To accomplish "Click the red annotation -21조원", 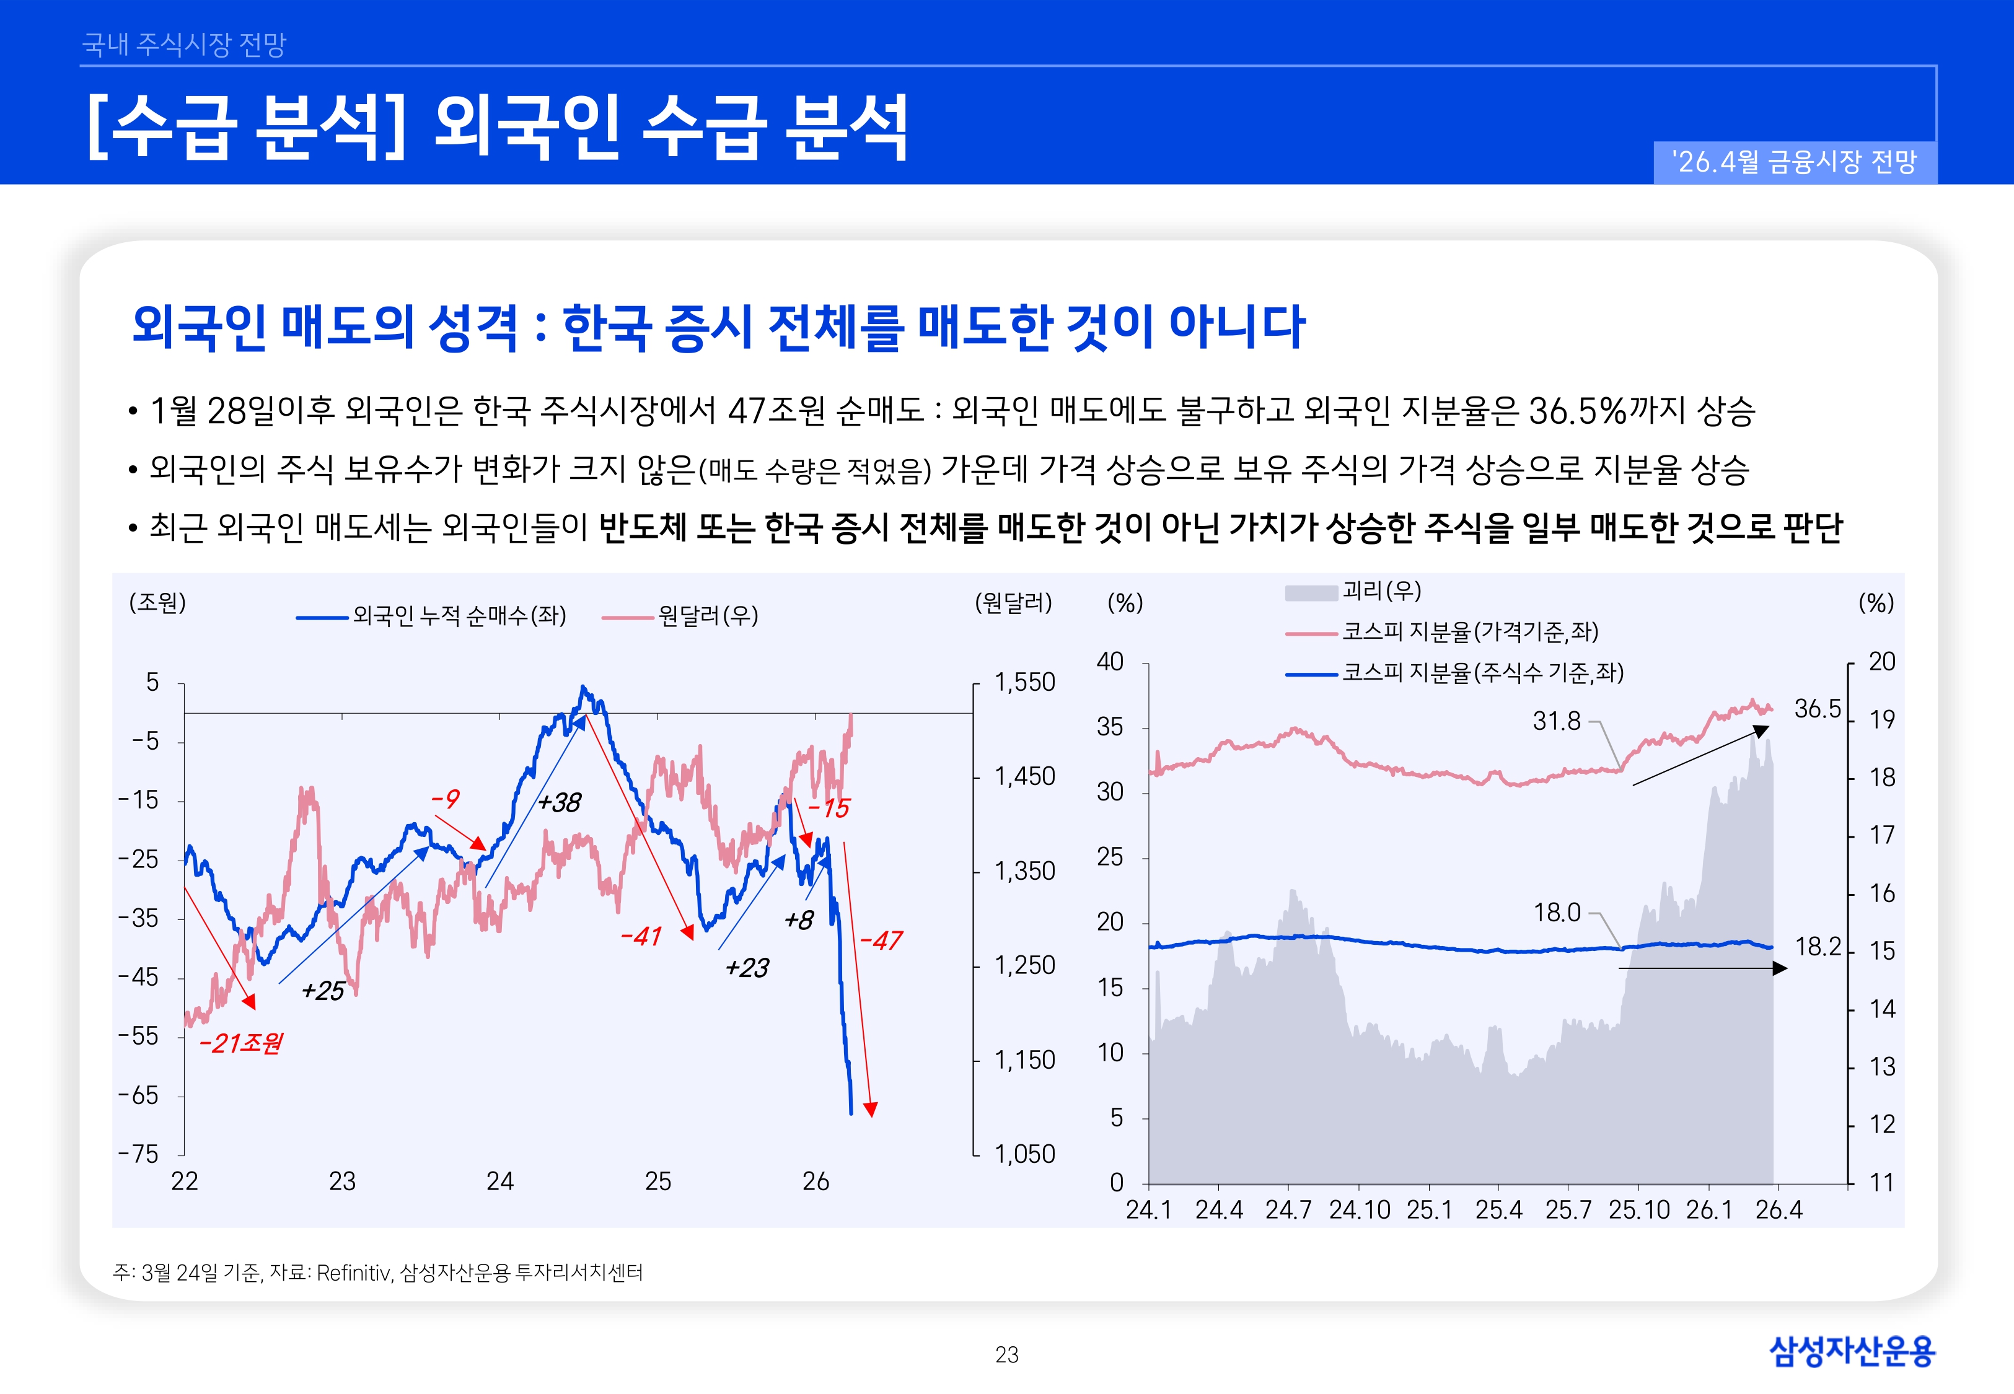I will coord(240,1043).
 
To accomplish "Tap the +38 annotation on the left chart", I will coord(559,802).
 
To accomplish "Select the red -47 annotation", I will coord(881,940).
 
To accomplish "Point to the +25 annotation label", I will coord(322,991).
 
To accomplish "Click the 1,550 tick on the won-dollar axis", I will coord(1024,682).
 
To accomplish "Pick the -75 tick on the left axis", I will coord(139,1154).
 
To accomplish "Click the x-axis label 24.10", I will coord(1359,1210).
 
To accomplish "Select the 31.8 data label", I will coord(1556,721).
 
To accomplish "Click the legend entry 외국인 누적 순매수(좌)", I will coord(459,616).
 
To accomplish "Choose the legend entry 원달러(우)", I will coord(708,616).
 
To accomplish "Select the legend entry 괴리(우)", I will coord(1381,591).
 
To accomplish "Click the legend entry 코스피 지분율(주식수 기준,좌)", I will coord(1482,673).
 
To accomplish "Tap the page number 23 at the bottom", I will coord(1006,1355).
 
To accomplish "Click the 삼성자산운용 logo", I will coord(1852,1351).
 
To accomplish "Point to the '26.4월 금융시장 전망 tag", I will coord(1794,162).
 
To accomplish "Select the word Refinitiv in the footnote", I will coord(353,1273).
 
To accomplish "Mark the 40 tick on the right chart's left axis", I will coord(1109,661).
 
